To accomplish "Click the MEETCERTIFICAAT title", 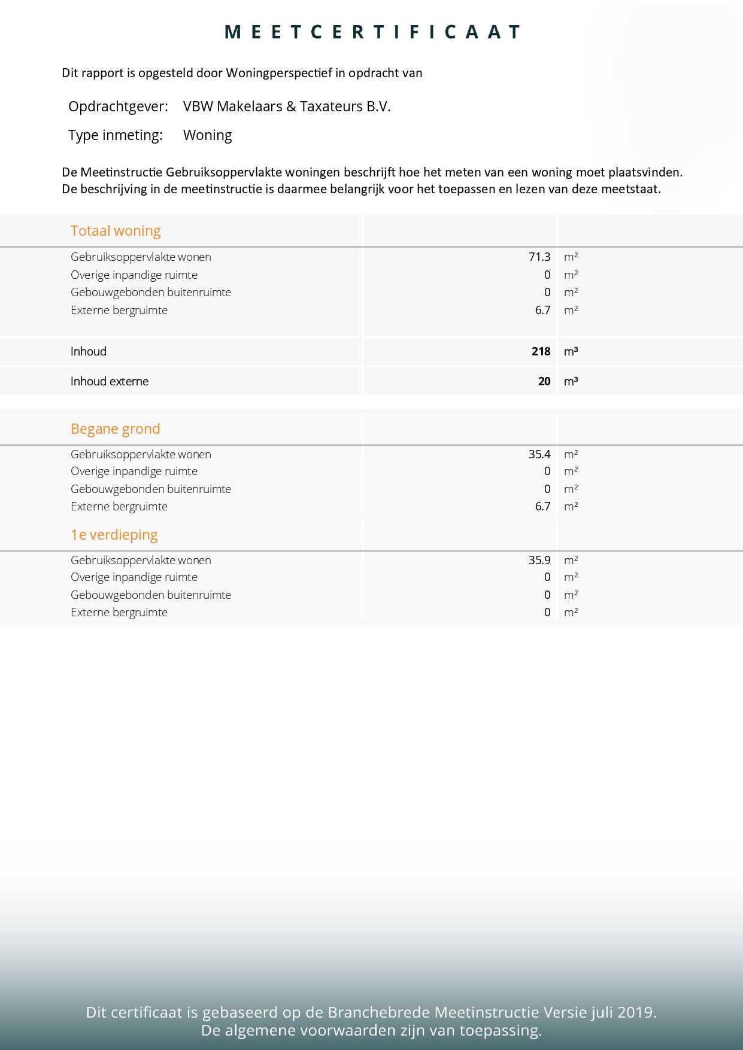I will coord(372,32).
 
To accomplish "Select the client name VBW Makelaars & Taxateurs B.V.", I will coord(287,106).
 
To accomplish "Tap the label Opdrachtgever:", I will coord(118,106).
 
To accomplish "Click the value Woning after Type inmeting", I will coord(207,135).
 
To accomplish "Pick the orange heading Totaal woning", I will coord(116,231).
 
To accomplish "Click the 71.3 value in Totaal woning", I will coord(539,257).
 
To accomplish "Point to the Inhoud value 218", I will coord(541,351).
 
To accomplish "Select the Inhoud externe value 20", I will coord(544,381).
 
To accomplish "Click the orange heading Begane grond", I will coord(115,429).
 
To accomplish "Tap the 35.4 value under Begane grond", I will coord(539,454).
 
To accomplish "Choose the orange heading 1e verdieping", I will coord(114,535).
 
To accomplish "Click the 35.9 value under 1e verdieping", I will coord(539,560).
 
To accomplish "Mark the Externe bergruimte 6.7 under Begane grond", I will coord(542,506).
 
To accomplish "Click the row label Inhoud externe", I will coord(109,381).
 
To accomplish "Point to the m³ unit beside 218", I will coord(571,351).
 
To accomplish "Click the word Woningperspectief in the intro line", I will coord(278,73).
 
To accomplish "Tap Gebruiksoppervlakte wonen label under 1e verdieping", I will coord(141,560).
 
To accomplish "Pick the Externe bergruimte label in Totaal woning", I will coord(119,310).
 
